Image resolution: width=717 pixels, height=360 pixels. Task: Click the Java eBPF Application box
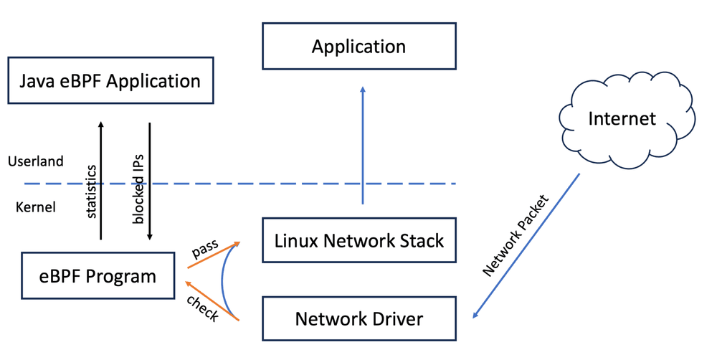[110, 80]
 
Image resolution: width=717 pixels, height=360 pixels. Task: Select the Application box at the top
[359, 46]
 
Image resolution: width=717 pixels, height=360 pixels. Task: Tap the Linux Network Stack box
[359, 240]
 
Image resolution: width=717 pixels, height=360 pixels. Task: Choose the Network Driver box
[359, 318]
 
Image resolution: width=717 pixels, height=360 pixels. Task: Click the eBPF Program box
[98, 276]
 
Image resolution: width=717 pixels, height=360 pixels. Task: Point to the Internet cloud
[627, 120]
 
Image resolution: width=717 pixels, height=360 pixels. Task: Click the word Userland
[36, 161]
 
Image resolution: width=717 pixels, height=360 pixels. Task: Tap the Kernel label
[36, 207]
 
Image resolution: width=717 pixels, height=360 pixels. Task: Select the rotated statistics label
[92, 191]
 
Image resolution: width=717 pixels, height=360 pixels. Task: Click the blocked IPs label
[138, 189]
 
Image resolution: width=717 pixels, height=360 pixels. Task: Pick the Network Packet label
[516, 236]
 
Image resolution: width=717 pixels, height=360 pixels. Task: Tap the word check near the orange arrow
[203, 308]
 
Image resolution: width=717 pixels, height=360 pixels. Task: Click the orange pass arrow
[214, 255]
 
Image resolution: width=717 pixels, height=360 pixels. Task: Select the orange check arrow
[212, 300]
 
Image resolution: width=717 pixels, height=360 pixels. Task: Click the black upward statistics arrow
[100, 181]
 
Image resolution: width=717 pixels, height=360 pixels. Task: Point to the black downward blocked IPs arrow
[150, 181]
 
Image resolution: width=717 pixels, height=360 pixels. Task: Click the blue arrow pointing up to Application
[363, 145]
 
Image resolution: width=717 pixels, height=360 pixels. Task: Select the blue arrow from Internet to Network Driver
[526, 246]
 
